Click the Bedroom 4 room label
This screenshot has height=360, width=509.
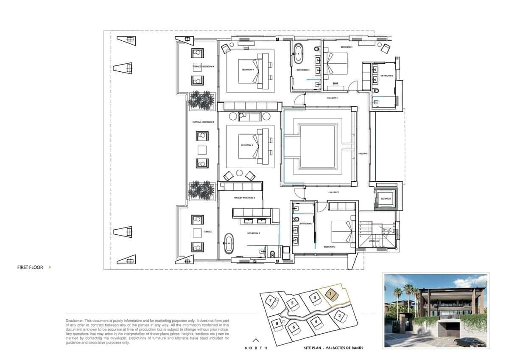coord(248,69)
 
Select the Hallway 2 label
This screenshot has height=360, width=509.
coord(332,98)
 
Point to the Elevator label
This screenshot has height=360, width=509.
coord(386,198)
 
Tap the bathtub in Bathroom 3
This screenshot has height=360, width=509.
coord(229,243)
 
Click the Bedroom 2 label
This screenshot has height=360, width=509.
coord(330,247)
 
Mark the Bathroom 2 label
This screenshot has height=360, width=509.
coord(306,223)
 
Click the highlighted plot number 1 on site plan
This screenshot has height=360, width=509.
coord(331,293)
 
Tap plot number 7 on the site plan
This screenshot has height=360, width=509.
coord(270,301)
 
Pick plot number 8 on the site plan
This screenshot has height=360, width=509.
coord(277,324)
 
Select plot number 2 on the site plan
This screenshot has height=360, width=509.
coord(340,315)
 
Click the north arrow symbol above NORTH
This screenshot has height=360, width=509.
coord(255,339)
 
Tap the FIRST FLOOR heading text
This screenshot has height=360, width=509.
coord(30,267)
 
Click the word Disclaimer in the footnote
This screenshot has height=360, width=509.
coord(75,321)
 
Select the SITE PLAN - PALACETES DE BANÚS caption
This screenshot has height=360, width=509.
coord(333,348)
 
